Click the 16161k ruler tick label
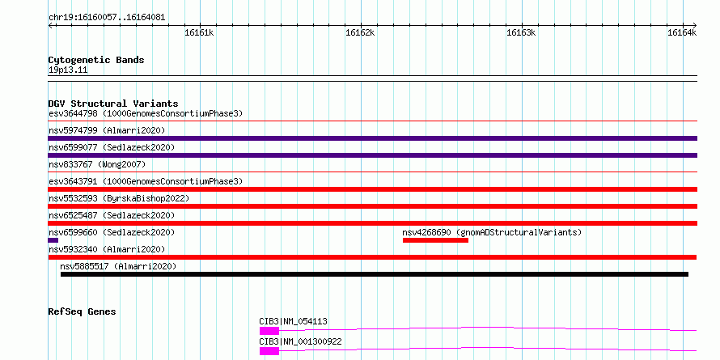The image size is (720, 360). (199, 32)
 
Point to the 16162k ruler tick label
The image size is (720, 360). (360, 32)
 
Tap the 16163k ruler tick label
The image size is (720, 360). (521, 32)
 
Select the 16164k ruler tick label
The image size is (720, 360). (682, 32)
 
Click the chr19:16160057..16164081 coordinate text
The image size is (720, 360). (107, 18)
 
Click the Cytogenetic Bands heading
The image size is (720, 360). (96, 60)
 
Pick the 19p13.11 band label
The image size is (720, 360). (68, 70)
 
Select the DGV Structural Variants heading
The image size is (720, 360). (113, 104)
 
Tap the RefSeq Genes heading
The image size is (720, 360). (82, 311)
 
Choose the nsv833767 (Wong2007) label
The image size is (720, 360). (97, 164)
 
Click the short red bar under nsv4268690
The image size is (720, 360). (435, 240)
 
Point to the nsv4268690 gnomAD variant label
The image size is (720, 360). (492, 232)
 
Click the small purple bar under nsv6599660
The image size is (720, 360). (53, 240)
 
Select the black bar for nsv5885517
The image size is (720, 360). (375, 274)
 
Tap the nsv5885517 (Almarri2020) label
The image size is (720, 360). (118, 266)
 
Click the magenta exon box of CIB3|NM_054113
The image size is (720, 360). (269, 331)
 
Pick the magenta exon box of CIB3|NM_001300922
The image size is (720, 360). (269, 351)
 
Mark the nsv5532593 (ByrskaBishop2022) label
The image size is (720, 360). (119, 198)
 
